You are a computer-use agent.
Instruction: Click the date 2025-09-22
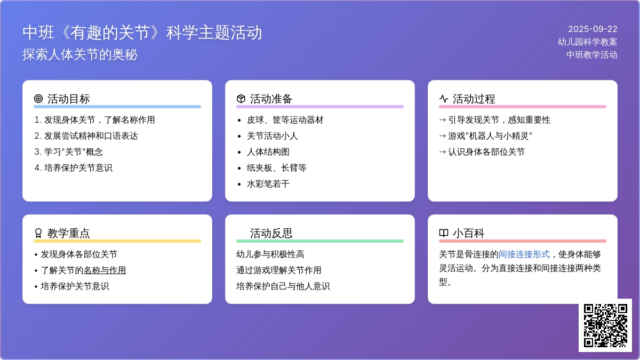593,29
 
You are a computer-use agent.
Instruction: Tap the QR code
605,325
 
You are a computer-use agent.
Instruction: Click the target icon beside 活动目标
38,99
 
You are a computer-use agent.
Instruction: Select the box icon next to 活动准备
241,99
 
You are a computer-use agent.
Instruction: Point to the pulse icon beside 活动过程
443,99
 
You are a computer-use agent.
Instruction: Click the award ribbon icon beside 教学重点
38,233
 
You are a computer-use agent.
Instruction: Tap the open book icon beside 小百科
443,233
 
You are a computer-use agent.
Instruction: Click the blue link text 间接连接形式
524,254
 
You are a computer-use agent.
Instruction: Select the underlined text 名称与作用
105,270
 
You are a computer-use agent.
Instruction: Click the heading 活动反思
271,233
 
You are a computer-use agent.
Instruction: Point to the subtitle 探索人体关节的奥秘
80,54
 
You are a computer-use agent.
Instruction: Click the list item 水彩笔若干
268,184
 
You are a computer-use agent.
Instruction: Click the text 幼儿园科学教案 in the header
587,42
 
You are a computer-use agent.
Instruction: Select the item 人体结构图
268,152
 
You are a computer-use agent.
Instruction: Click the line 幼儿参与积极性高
270,254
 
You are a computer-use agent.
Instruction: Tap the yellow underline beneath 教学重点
117,241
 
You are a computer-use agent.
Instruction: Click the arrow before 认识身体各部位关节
442,152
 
